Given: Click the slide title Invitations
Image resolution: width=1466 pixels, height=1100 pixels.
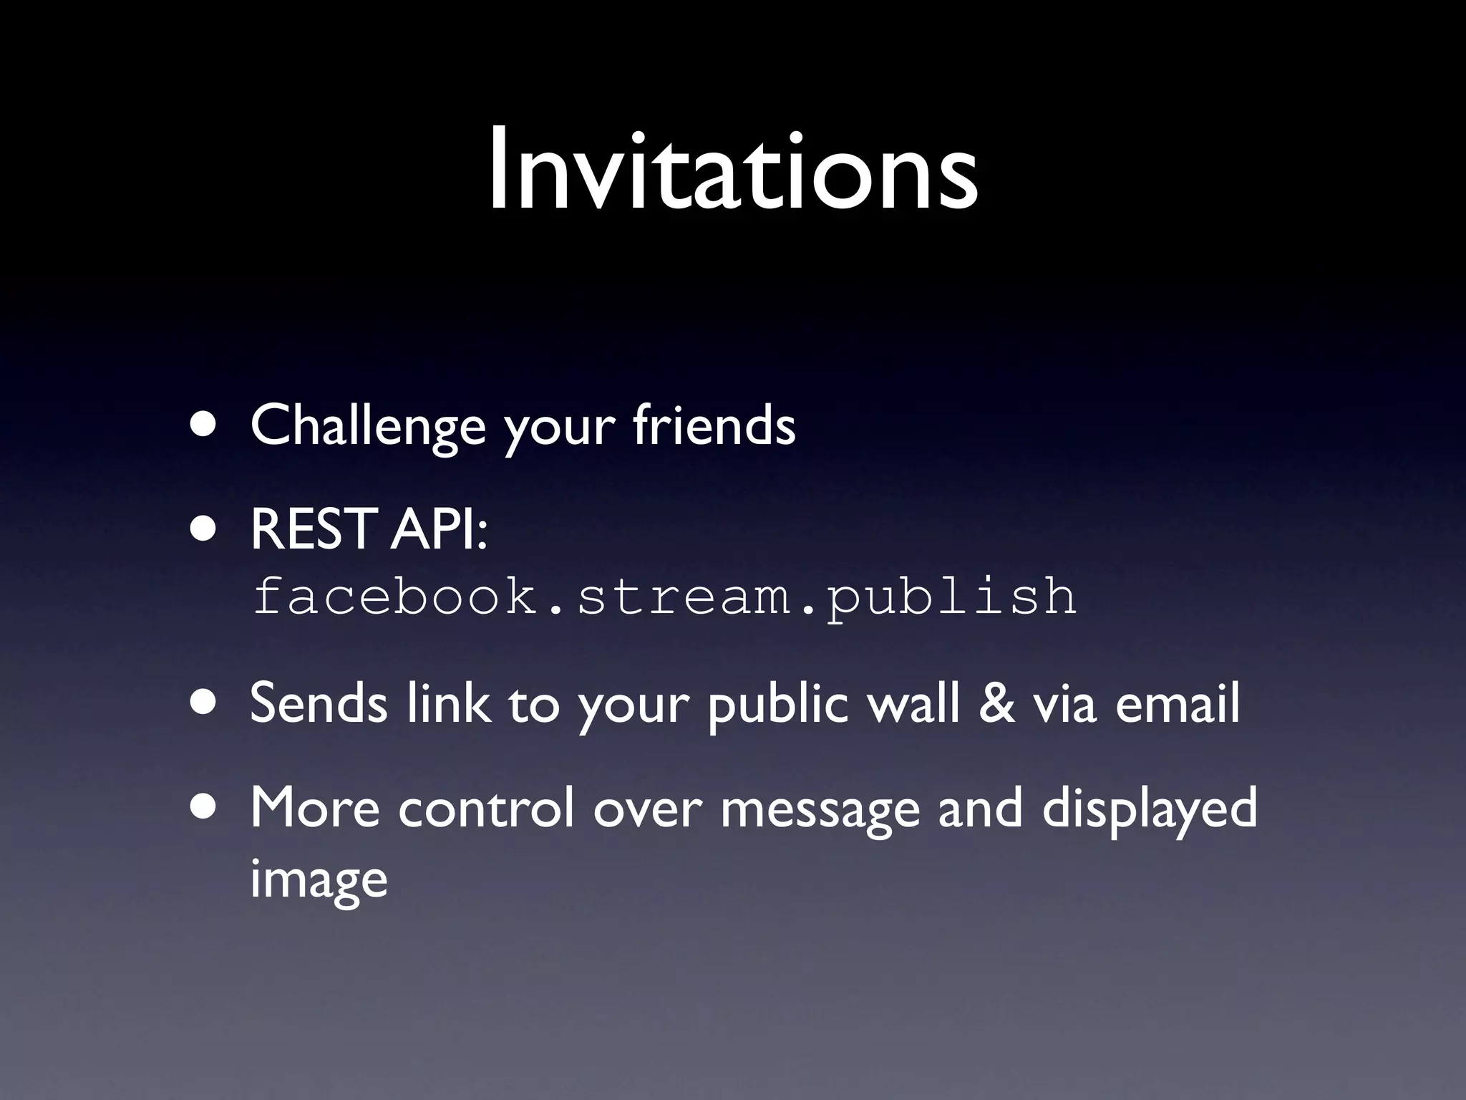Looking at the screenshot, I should coord(733,172).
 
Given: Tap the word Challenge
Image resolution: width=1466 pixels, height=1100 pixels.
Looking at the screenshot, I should coord(368,425).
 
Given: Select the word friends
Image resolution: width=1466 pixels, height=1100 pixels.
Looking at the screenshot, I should coord(714,425).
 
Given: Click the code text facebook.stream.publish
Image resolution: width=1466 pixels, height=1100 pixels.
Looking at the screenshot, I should coord(664,596).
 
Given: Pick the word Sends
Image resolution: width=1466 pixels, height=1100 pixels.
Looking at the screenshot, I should coord(319,703).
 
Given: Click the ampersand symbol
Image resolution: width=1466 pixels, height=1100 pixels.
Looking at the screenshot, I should coord(996,703).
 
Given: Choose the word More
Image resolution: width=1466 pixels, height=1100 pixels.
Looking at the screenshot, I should coord(315,808).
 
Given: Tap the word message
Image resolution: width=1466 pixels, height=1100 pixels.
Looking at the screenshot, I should coord(820,808).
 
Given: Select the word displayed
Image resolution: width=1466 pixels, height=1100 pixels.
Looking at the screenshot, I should coord(1149,808).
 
